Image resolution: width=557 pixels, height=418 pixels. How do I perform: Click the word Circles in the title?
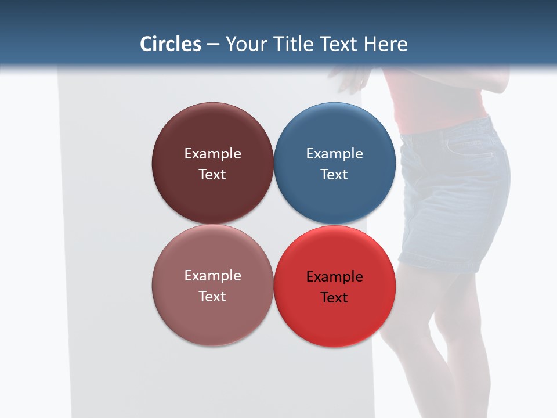click(x=171, y=44)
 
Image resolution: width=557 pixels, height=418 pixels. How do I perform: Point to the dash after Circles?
click(x=213, y=45)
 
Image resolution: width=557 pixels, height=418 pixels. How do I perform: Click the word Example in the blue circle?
click(x=335, y=154)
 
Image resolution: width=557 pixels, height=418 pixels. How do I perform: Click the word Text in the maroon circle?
click(x=212, y=175)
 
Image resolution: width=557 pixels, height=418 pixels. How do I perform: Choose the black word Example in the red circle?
click(x=335, y=277)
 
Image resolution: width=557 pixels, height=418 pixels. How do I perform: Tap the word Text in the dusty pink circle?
click(x=212, y=297)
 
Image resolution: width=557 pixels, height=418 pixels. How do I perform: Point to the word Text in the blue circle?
click(x=335, y=175)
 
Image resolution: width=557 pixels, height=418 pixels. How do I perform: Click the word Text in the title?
click(x=339, y=44)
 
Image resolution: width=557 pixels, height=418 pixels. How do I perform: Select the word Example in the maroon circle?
click(x=212, y=154)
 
